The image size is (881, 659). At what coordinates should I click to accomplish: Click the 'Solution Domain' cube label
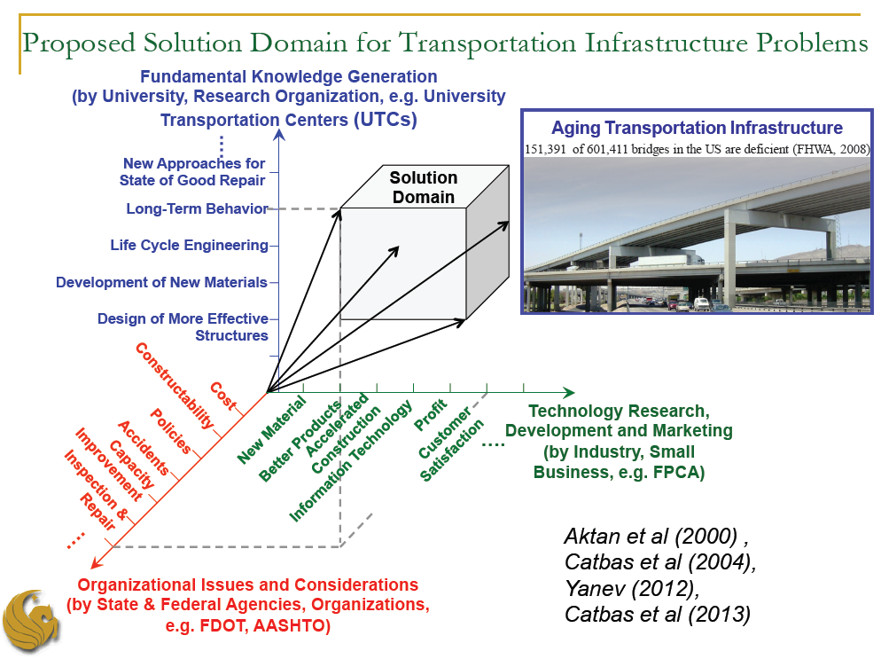(x=424, y=187)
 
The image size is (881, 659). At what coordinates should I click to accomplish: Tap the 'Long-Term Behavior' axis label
(x=198, y=208)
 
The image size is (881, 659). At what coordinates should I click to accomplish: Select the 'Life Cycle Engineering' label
(x=190, y=245)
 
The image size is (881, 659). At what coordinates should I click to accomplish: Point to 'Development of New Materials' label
(x=162, y=282)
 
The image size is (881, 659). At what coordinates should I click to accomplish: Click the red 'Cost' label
(x=223, y=396)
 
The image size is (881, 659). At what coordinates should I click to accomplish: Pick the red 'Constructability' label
(x=175, y=385)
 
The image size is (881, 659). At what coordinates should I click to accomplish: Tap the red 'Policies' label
(x=171, y=431)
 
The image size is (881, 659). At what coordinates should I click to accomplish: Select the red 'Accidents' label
(x=144, y=448)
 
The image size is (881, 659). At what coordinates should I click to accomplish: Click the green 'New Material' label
(x=272, y=430)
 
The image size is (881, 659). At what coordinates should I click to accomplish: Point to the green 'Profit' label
(x=431, y=415)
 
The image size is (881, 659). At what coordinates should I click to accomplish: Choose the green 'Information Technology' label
(x=351, y=461)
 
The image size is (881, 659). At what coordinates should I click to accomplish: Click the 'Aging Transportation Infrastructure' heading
(x=697, y=128)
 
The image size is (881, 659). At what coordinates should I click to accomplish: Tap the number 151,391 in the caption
(x=545, y=149)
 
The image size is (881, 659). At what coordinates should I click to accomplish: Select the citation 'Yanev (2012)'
(x=632, y=588)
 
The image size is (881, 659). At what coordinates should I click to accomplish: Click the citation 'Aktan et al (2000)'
(x=651, y=537)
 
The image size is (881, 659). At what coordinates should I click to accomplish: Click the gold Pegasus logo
(x=31, y=622)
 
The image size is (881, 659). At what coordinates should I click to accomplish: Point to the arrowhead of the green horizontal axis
(x=569, y=393)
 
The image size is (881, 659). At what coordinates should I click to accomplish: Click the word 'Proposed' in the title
(x=79, y=43)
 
